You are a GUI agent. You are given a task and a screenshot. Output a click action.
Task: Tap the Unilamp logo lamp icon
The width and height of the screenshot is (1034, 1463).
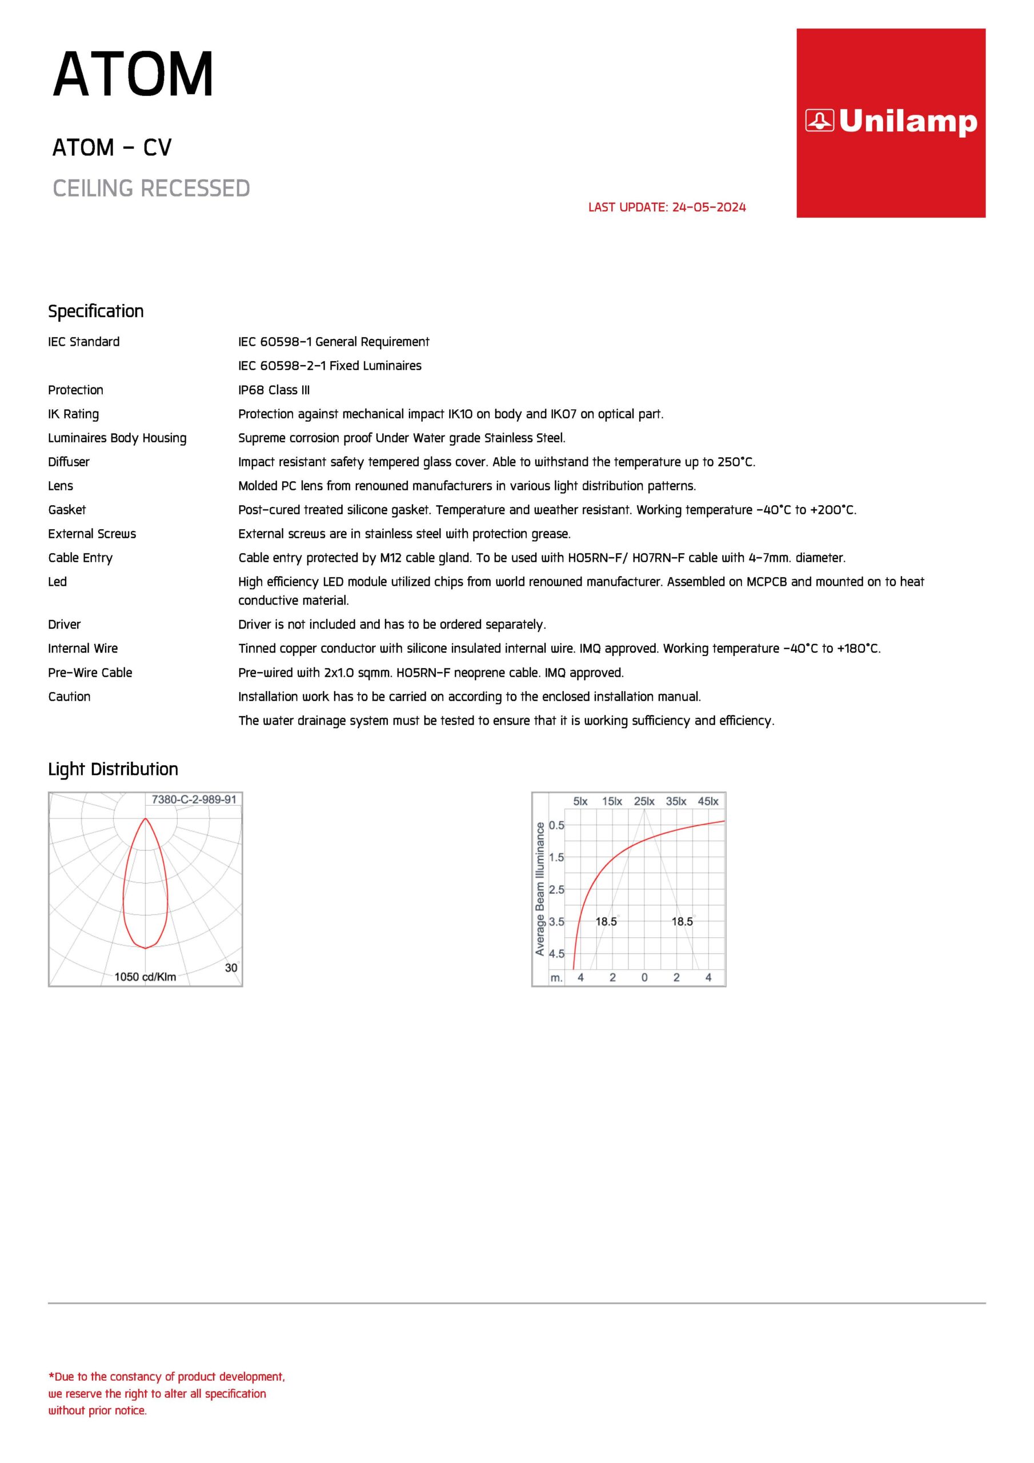[x=819, y=120]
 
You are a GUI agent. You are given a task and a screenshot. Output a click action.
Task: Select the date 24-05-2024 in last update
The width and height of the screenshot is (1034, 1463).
[x=708, y=207]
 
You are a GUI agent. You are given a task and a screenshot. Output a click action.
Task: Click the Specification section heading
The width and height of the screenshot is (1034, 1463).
[x=95, y=311]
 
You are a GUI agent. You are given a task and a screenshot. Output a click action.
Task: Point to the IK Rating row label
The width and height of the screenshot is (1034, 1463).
[x=73, y=414]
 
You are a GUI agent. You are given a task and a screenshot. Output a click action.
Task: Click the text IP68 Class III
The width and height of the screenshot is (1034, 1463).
[x=274, y=390]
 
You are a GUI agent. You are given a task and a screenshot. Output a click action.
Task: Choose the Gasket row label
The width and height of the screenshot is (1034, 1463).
[x=66, y=510]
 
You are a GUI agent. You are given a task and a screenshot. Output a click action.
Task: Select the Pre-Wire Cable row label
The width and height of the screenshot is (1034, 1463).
[x=90, y=673]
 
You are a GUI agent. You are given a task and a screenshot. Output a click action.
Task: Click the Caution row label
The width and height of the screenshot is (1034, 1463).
[x=69, y=697]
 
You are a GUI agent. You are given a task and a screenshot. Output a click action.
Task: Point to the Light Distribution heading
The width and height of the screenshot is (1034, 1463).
[x=113, y=769]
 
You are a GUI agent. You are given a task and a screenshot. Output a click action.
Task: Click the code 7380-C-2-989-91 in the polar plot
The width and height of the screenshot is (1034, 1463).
[x=194, y=800]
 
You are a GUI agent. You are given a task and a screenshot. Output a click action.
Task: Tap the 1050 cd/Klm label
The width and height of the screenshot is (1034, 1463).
[x=145, y=977]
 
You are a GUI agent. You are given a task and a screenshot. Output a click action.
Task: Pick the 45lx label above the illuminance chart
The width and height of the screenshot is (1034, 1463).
[x=708, y=802]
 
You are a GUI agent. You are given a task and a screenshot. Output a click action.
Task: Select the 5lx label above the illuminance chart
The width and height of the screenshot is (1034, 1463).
[x=580, y=802]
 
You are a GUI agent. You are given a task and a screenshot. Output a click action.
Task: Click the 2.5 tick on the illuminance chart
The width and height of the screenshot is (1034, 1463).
[x=556, y=890]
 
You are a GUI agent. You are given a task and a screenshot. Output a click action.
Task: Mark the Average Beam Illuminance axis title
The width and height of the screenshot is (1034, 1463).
[x=540, y=889]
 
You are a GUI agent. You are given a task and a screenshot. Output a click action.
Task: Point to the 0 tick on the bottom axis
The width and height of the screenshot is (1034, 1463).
[x=644, y=977]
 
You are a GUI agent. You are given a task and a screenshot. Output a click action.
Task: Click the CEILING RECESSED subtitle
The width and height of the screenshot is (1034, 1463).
[x=151, y=189]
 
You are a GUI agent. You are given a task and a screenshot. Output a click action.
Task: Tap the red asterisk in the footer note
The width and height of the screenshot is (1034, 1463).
[x=51, y=1376]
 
